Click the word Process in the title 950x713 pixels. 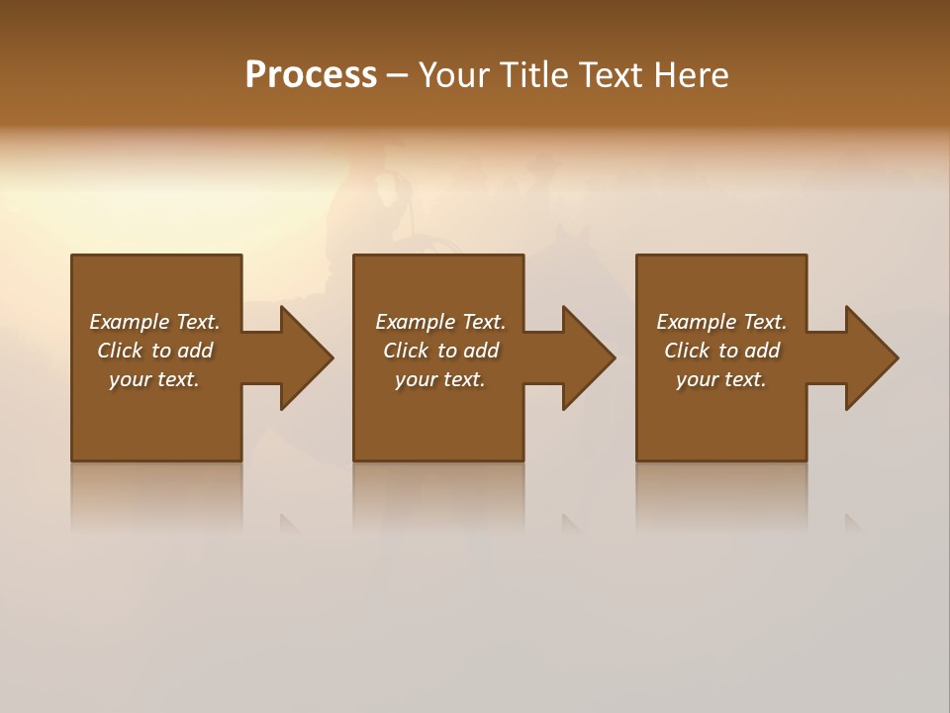coord(311,75)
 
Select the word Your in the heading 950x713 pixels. coord(453,75)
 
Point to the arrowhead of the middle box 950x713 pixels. coord(588,357)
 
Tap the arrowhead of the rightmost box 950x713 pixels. coord(871,357)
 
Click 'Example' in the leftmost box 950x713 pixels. coord(129,322)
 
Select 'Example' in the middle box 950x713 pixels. coord(415,322)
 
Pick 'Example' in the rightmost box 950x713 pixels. coord(696,322)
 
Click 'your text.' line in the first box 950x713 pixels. coord(154,379)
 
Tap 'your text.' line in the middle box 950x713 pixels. coord(439,379)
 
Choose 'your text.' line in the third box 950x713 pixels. coord(721,379)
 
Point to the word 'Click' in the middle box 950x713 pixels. coord(407,351)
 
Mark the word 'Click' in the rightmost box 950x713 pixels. coord(688,351)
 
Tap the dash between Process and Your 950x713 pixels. coord(397,76)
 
